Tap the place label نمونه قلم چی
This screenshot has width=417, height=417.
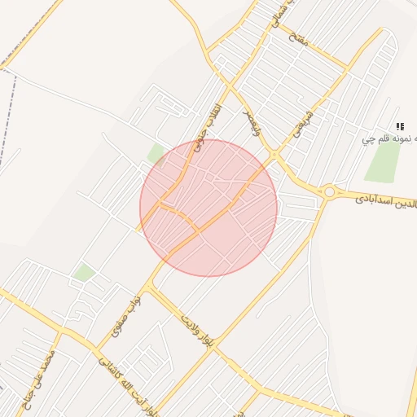tap(390, 139)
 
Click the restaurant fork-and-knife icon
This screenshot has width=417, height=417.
tap(399, 126)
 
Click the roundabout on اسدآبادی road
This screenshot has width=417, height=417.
tap(329, 192)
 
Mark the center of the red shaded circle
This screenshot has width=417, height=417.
tap(208, 208)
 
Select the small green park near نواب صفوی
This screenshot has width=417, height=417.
tap(83, 272)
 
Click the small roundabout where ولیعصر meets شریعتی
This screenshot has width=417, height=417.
tap(275, 154)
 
